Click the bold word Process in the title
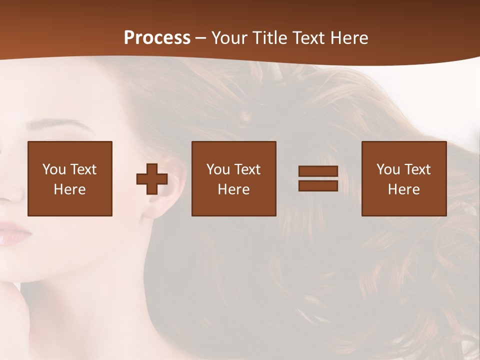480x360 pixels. click(157, 38)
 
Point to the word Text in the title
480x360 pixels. click(308, 38)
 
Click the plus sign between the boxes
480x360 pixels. click(152, 179)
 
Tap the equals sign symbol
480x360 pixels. click(318, 178)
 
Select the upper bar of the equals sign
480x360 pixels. click(318, 171)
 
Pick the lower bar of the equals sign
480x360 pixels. click(318, 185)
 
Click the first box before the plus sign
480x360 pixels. click(70, 178)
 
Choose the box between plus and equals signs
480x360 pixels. click(233, 178)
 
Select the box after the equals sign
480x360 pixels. click(403, 178)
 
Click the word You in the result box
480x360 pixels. click(388, 169)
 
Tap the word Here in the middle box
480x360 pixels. click(233, 189)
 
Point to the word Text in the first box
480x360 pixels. click(82, 169)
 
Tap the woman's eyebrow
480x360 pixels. click(47, 123)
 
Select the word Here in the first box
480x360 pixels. click(70, 189)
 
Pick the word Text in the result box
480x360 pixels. click(416, 169)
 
